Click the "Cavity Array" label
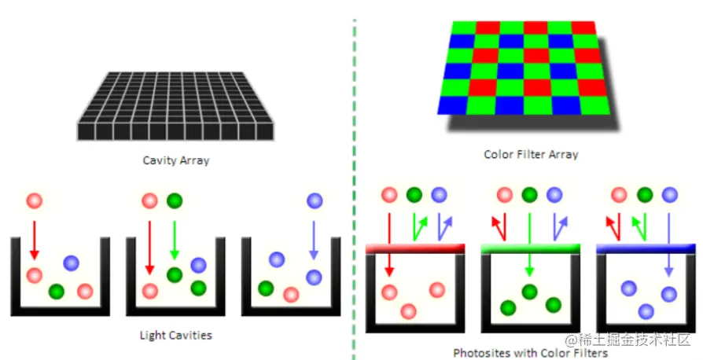pos(175,160)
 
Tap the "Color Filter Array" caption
pos(531,154)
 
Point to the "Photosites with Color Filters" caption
pos(530,353)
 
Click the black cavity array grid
pos(175,106)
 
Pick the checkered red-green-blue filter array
pos(522,67)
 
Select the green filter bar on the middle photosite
pos(530,248)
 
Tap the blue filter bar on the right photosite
pos(646,248)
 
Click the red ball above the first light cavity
pos(33,201)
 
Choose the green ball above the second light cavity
pos(175,201)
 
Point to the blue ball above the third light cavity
pos(314,201)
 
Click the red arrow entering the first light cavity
pos(33,239)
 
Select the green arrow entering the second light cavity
pos(175,239)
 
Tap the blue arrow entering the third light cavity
pos(314,239)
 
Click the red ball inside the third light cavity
pos(291,294)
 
